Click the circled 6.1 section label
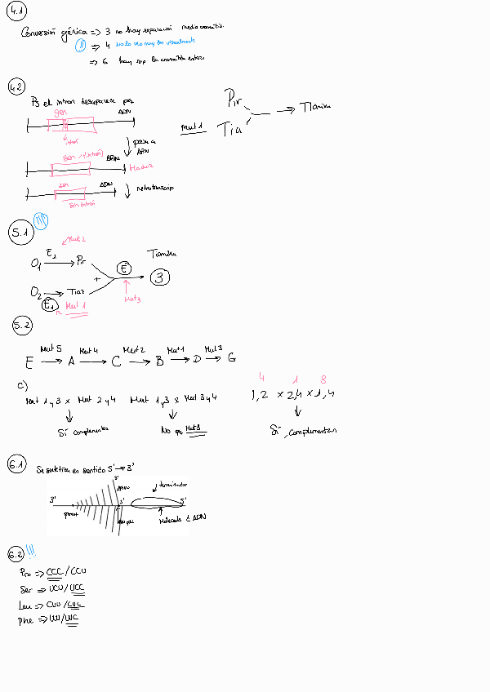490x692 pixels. [x=17, y=466]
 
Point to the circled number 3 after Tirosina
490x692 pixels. [x=161, y=277]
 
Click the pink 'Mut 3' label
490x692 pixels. [x=132, y=299]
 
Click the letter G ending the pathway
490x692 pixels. [x=232, y=357]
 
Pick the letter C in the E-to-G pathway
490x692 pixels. [x=116, y=360]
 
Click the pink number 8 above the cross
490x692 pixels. [x=323, y=379]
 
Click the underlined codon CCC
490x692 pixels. [x=55, y=572]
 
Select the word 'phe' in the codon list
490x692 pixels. [x=25, y=621]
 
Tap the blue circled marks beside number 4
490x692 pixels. [x=80, y=46]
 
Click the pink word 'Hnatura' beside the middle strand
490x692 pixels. [x=141, y=167]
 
